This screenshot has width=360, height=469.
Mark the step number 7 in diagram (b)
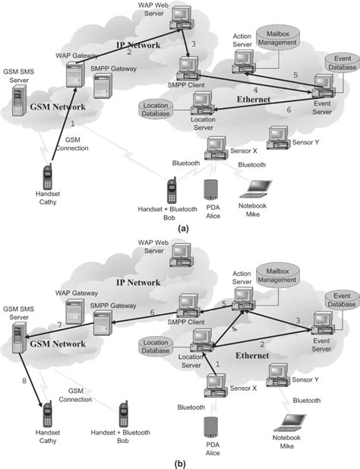[60, 325]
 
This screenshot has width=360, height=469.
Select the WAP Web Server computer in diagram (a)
[180, 17]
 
